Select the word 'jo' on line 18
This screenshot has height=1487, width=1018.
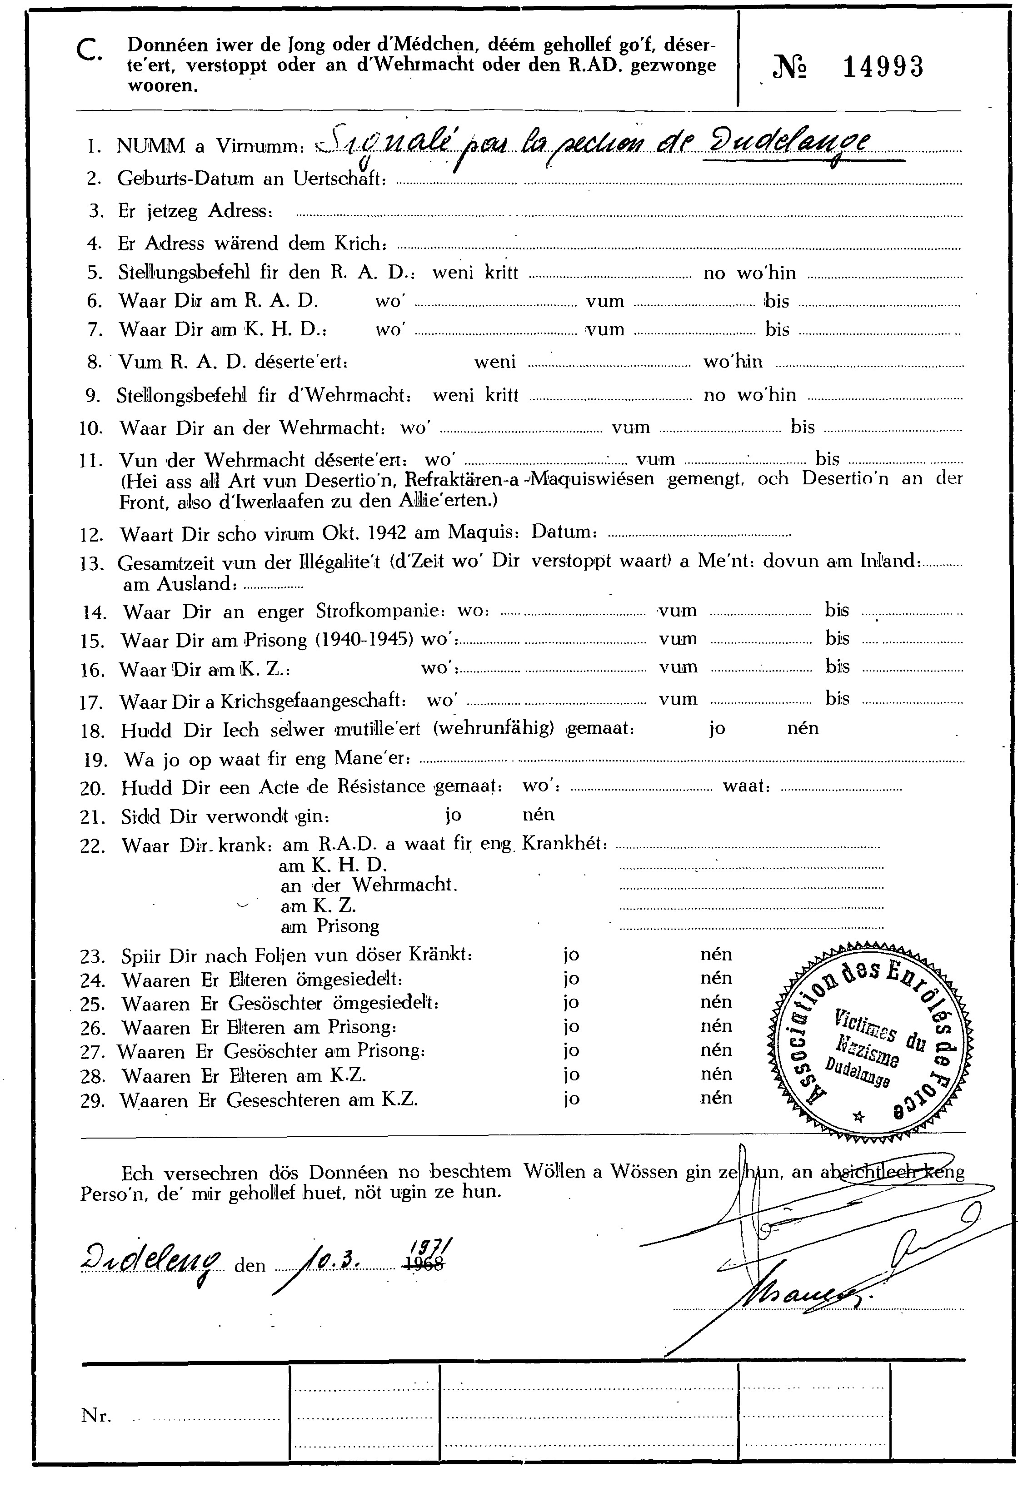[717, 729]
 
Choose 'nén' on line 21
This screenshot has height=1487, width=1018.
[538, 815]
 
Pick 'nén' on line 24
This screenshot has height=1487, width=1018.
[716, 978]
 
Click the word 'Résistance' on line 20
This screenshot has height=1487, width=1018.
[379, 786]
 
